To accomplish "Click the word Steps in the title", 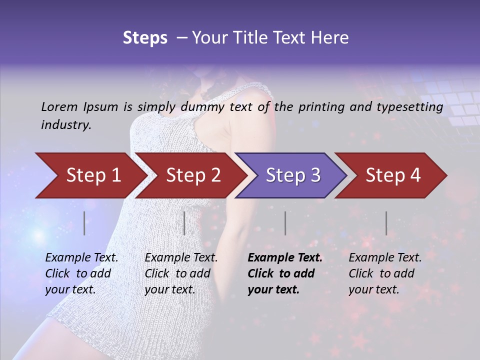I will (145, 38).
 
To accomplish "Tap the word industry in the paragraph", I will (66, 125).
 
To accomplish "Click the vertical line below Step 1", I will (84, 223).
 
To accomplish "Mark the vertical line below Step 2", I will (184, 223).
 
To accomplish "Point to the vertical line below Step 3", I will (285, 223).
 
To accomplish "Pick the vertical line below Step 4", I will (386, 223).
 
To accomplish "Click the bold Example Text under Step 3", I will (285, 258).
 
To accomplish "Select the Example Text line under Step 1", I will (82, 258).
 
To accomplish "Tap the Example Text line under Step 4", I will (385, 258).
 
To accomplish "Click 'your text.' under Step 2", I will (170, 289).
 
